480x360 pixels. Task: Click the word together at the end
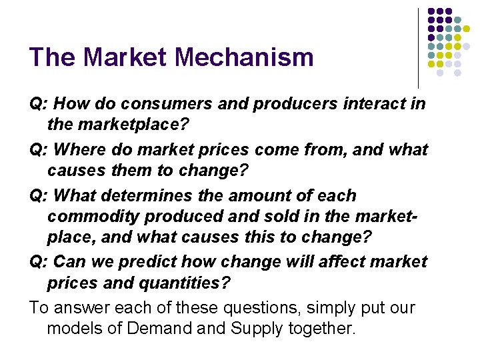pyautogui.click(x=322, y=329)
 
